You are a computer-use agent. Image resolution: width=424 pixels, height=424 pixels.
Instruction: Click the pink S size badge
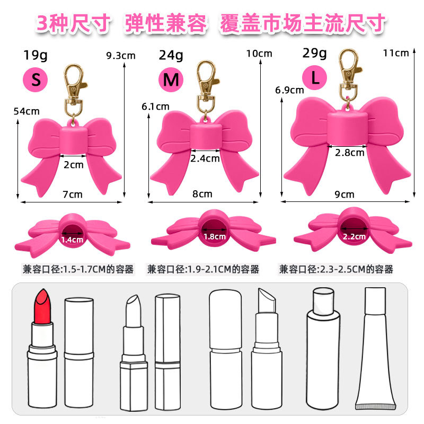click(36, 79)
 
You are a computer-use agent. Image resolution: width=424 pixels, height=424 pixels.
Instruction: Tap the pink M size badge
click(171, 79)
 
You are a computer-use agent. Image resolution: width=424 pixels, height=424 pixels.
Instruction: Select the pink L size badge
click(314, 78)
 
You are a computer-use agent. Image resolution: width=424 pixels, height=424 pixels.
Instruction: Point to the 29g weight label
click(315, 53)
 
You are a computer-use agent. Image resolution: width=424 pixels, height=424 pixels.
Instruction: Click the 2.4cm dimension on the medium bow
click(205, 158)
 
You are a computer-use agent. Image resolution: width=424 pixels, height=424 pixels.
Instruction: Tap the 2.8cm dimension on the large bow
click(350, 153)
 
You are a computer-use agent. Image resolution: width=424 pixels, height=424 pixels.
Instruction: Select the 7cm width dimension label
click(73, 194)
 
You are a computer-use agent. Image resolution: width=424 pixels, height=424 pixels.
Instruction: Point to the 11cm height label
click(396, 52)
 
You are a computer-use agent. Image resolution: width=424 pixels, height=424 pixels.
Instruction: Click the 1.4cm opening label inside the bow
click(73, 240)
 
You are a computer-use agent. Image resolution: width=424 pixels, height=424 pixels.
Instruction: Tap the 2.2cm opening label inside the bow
click(354, 236)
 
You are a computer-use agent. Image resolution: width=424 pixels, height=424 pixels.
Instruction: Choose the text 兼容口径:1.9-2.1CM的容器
click(203, 270)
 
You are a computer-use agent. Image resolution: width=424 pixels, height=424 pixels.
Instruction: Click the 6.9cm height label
click(289, 90)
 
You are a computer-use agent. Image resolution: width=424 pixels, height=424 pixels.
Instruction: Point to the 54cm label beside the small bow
click(26, 111)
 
